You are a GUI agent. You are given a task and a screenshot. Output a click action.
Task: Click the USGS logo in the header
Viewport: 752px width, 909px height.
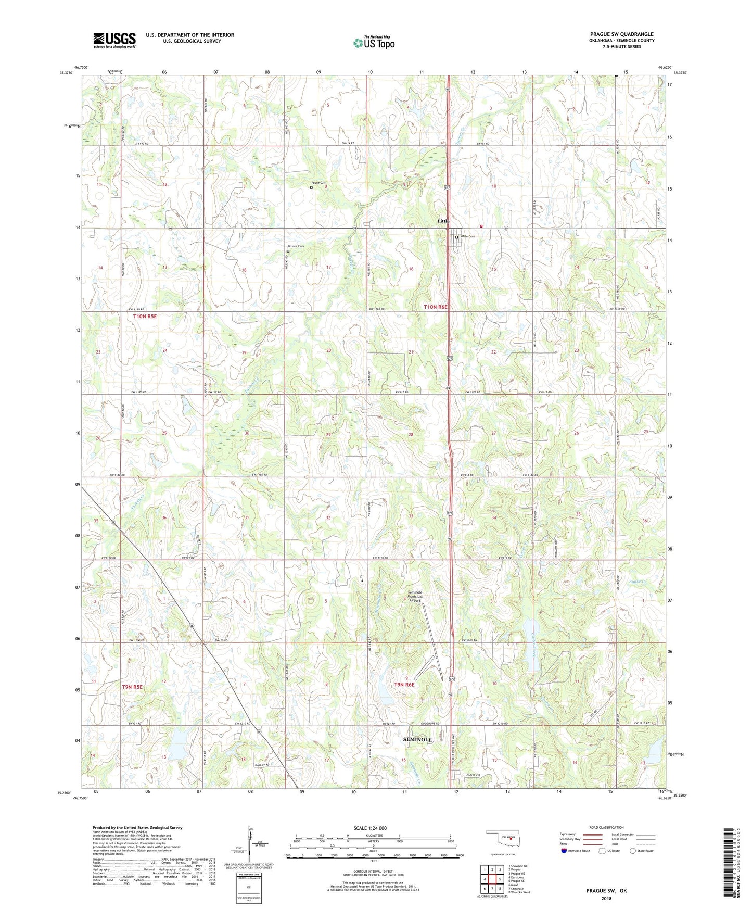[x=114, y=40]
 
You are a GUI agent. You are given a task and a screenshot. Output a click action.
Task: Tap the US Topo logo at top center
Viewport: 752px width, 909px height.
[x=374, y=43]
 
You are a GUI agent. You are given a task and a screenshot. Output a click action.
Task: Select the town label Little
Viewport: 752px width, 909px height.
[x=443, y=221]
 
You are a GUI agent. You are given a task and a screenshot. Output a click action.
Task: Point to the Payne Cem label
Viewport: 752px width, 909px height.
[x=318, y=183]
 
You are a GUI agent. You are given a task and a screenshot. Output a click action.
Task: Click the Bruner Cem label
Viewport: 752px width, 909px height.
[x=296, y=246]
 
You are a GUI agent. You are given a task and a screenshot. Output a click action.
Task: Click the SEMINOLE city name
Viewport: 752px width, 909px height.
[x=418, y=739]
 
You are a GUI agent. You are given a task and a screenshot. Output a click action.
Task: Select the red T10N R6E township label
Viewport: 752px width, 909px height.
[x=435, y=307]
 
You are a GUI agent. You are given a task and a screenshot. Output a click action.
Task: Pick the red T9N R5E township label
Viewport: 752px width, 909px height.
[x=132, y=687]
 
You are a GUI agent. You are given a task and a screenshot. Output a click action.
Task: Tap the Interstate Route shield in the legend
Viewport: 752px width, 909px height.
[x=564, y=851]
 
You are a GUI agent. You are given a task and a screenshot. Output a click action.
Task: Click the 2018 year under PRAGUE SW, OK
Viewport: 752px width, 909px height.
[x=606, y=898]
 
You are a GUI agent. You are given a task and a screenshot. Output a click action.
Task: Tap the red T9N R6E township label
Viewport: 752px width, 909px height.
[x=404, y=685]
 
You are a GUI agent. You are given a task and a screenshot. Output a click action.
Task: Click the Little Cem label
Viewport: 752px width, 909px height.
[x=467, y=236]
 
